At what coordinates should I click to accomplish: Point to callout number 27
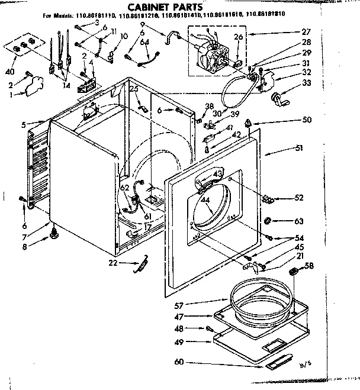click(x=305, y=33)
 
